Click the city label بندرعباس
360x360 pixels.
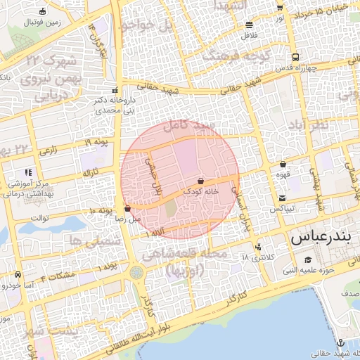[x=319, y=237]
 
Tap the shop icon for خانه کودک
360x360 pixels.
[x=201, y=181]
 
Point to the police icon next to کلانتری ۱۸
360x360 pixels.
[x=259, y=247]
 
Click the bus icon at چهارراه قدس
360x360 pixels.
[x=295, y=58]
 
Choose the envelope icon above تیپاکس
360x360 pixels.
[x=282, y=198]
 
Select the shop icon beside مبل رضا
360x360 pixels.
[x=127, y=209]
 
